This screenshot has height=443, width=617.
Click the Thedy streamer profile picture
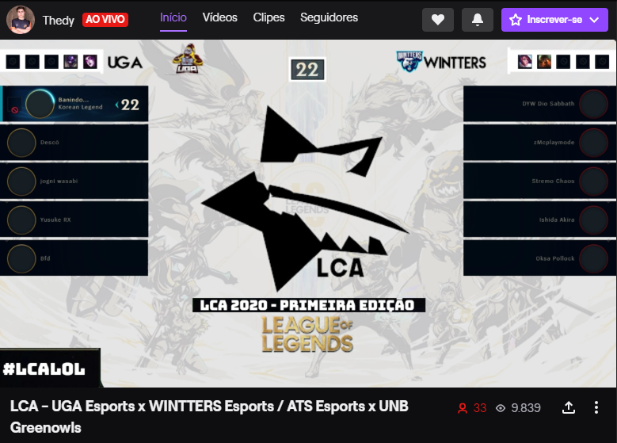click(x=20, y=19)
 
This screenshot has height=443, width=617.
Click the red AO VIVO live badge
click(x=105, y=19)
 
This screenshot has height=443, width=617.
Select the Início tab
click(x=173, y=17)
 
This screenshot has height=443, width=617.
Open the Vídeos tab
click(x=219, y=17)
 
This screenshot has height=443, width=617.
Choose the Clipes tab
click(x=269, y=17)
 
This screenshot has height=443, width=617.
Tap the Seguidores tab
click(x=329, y=17)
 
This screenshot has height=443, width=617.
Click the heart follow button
click(x=438, y=20)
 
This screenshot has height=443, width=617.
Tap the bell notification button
click(x=477, y=20)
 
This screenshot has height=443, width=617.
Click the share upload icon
click(x=568, y=408)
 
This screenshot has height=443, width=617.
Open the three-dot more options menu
click(x=596, y=408)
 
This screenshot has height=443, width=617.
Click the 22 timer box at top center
click(x=307, y=70)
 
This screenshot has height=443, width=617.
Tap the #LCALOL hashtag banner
click(x=44, y=369)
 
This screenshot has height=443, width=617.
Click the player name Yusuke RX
click(x=55, y=220)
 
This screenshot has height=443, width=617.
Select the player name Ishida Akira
click(x=556, y=220)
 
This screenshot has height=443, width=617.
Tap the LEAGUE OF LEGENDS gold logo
click(x=308, y=334)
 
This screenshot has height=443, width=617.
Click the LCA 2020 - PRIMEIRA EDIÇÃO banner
click(x=308, y=305)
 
